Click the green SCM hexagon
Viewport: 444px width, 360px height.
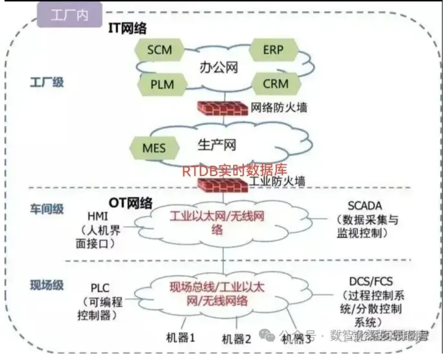(159, 49)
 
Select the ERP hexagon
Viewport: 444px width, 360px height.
(272, 49)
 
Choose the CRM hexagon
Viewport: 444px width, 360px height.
(276, 84)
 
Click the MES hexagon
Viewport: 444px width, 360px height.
(153, 148)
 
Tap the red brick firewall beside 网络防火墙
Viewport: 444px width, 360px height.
(222, 106)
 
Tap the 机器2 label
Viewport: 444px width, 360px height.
(236, 339)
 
